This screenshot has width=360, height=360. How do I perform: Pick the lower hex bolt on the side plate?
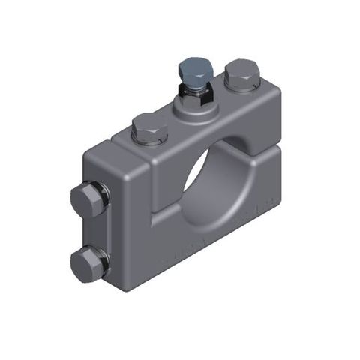(87, 264)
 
